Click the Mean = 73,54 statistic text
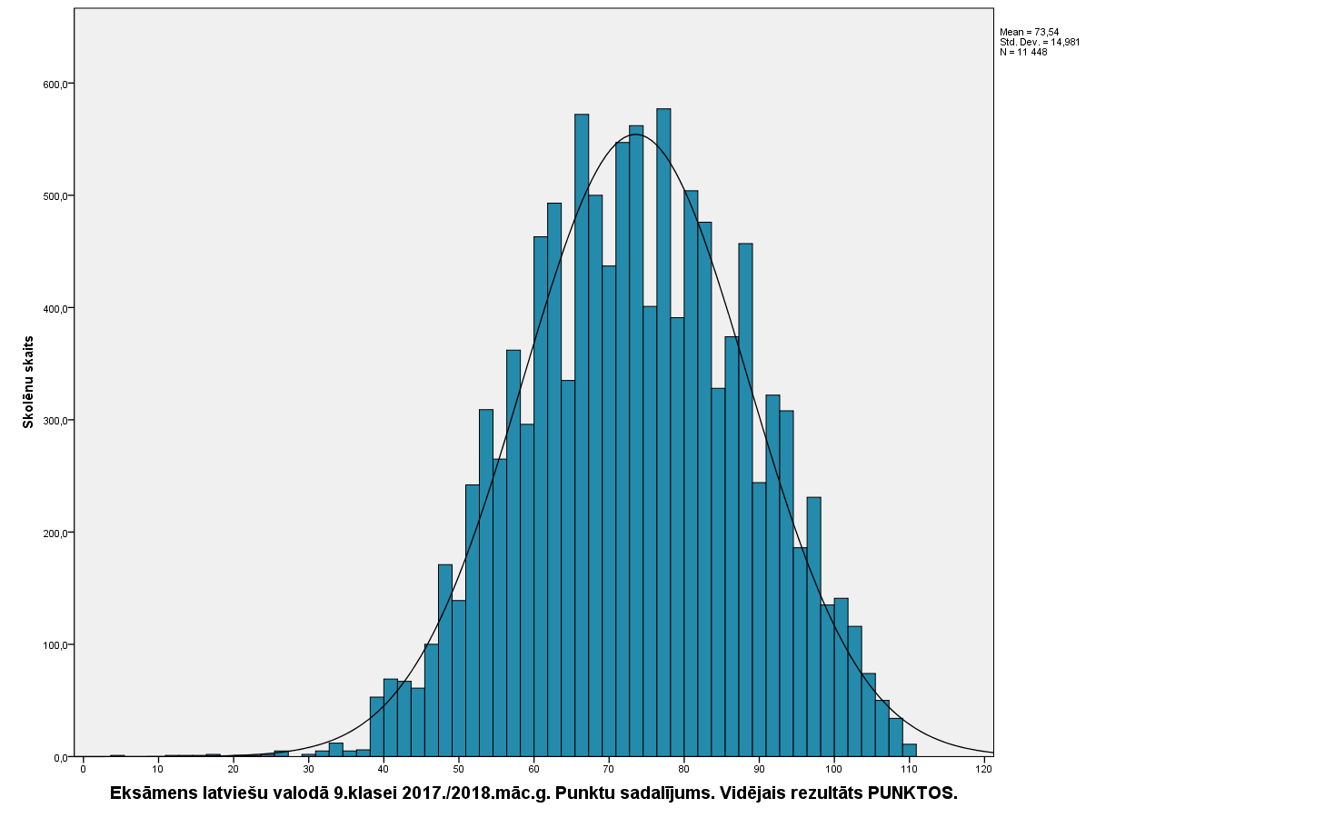(x=1029, y=32)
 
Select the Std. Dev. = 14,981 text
(x=1040, y=42)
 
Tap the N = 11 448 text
(x=1023, y=52)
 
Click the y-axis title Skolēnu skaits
(x=28, y=382)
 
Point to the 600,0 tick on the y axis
(x=55, y=85)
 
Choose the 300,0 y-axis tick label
(x=55, y=421)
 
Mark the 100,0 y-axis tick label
(x=55, y=645)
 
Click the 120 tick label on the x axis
(x=983, y=770)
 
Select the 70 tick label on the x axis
(x=609, y=770)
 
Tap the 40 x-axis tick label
(x=384, y=770)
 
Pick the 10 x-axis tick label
(x=158, y=770)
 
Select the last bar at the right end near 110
(x=910, y=751)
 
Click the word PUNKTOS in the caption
(x=912, y=793)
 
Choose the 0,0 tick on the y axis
(x=59, y=757)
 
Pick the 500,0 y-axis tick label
(x=55, y=196)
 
